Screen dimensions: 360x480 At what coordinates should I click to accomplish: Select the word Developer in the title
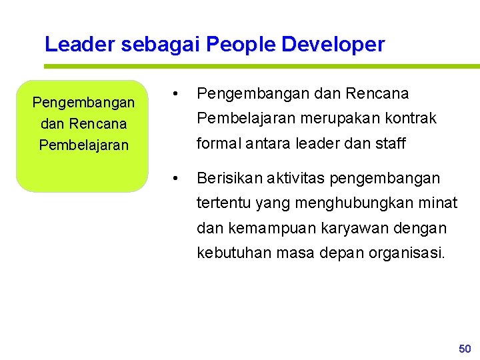333,45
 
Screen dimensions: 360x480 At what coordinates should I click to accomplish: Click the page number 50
465,349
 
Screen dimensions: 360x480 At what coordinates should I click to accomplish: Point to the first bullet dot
174,94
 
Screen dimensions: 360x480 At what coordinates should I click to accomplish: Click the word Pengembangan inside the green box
83,103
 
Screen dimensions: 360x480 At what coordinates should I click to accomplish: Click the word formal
217,143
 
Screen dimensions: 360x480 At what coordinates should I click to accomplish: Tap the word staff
388,143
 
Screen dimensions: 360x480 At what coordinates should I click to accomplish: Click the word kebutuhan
229,253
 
